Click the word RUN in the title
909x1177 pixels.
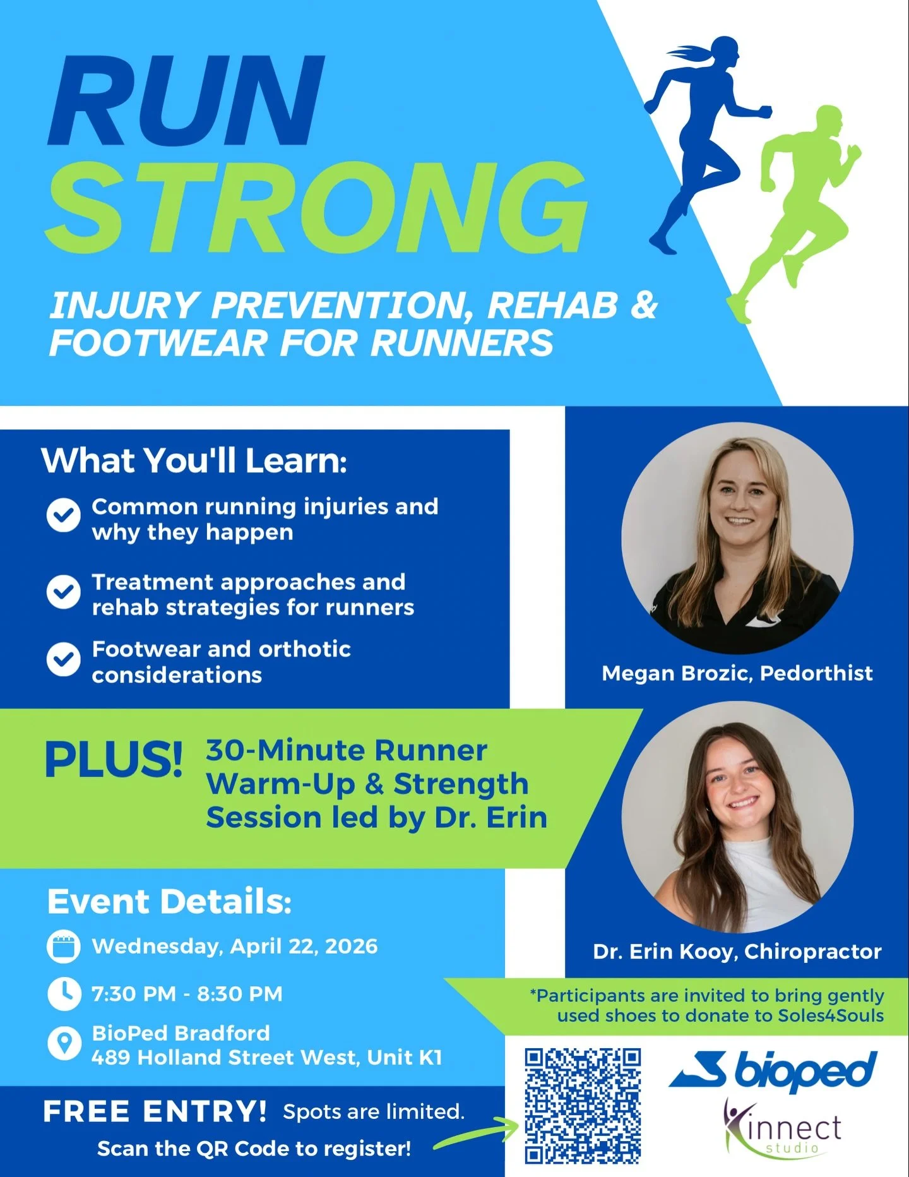click(x=186, y=101)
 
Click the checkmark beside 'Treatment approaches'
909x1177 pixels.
click(x=63, y=592)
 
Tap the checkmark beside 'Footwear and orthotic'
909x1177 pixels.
click(x=63, y=659)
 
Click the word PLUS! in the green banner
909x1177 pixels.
click(x=114, y=759)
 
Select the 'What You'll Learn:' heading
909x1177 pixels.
click(x=194, y=460)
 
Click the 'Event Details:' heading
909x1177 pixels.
click(x=169, y=901)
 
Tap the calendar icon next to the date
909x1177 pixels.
click(x=63, y=947)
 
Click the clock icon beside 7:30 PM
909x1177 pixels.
click(x=63, y=993)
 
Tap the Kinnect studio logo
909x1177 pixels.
click(x=783, y=1128)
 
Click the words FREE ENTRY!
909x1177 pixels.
click(x=155, y=1112)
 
